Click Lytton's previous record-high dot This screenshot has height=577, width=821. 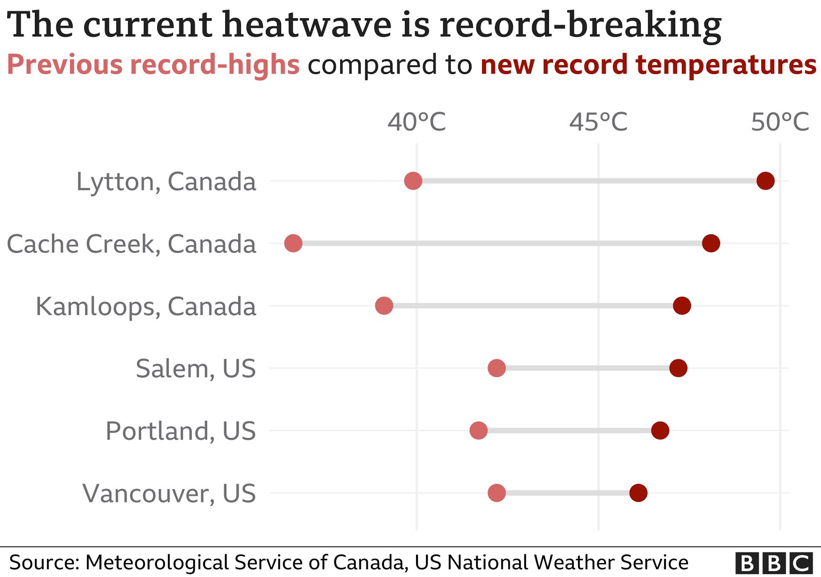(x=413, y=181)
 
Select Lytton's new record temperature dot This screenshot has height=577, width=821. (x=766, y=181)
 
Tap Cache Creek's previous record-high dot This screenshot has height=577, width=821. (x=293, y=243)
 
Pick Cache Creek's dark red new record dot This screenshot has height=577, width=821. (x=711, y=243)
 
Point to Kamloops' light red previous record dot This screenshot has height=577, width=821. (x=384, y=305)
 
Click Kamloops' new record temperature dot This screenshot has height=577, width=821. (x=682, y=305)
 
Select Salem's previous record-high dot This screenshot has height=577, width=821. (x=497, y=368)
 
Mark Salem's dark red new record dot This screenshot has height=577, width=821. (x=678, y=368)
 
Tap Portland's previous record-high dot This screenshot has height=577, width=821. (x=479, y=430)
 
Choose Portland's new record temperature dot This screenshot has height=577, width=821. (x=660, y=430)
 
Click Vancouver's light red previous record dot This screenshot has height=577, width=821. (x=497, y=493)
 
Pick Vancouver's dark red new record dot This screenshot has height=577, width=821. (x=638, y=493)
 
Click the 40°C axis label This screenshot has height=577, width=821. (x=416, y=122)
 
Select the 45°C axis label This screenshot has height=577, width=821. (x=598, y=122)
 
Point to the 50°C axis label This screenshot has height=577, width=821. (x=780, y=122)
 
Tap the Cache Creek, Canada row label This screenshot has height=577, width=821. (x=131, y=244)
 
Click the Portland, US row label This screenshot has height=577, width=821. (x=181, y=431)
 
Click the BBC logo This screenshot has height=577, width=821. (x=774, y=563)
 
